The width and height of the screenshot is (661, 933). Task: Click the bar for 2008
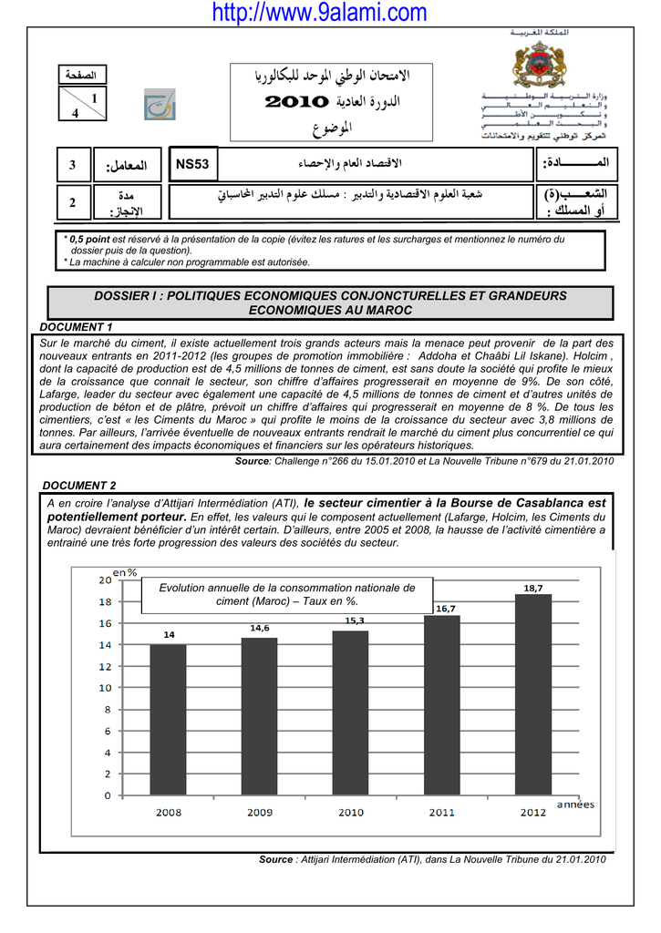click(168, 720)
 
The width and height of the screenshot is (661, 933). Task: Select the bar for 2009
click(259, 716)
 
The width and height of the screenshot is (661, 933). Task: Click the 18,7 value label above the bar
click(533, 588)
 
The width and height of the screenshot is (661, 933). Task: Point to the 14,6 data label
click(260, 628)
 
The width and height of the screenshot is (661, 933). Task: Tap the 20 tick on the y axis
click(106, 579)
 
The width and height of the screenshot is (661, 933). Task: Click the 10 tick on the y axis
click(106, 688)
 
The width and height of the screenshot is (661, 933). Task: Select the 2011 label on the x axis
click(442, 813)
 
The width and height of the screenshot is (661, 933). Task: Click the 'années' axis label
click(575, 804)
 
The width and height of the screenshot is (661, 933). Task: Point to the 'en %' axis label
click(125, 571)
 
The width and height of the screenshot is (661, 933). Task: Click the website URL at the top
click(318, 13)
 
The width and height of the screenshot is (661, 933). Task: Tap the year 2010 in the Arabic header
click(294, 102)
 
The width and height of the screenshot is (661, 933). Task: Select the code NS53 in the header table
click(192, 164)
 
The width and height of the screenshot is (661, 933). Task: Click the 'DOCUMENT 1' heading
click(77, 326)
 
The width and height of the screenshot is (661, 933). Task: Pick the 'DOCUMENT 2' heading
click(80, 486)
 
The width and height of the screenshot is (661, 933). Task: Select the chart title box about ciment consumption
click(287, 595)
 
